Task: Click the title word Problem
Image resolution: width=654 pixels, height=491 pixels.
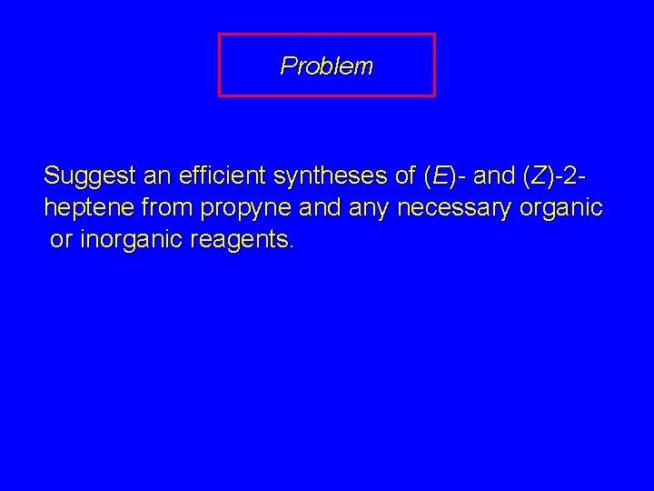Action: pos(326,65)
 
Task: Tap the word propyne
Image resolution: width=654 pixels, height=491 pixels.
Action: pos(245,208)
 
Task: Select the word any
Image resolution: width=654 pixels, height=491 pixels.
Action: pos(367,208)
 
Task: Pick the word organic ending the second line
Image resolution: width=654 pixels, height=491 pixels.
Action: pos(561,208)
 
